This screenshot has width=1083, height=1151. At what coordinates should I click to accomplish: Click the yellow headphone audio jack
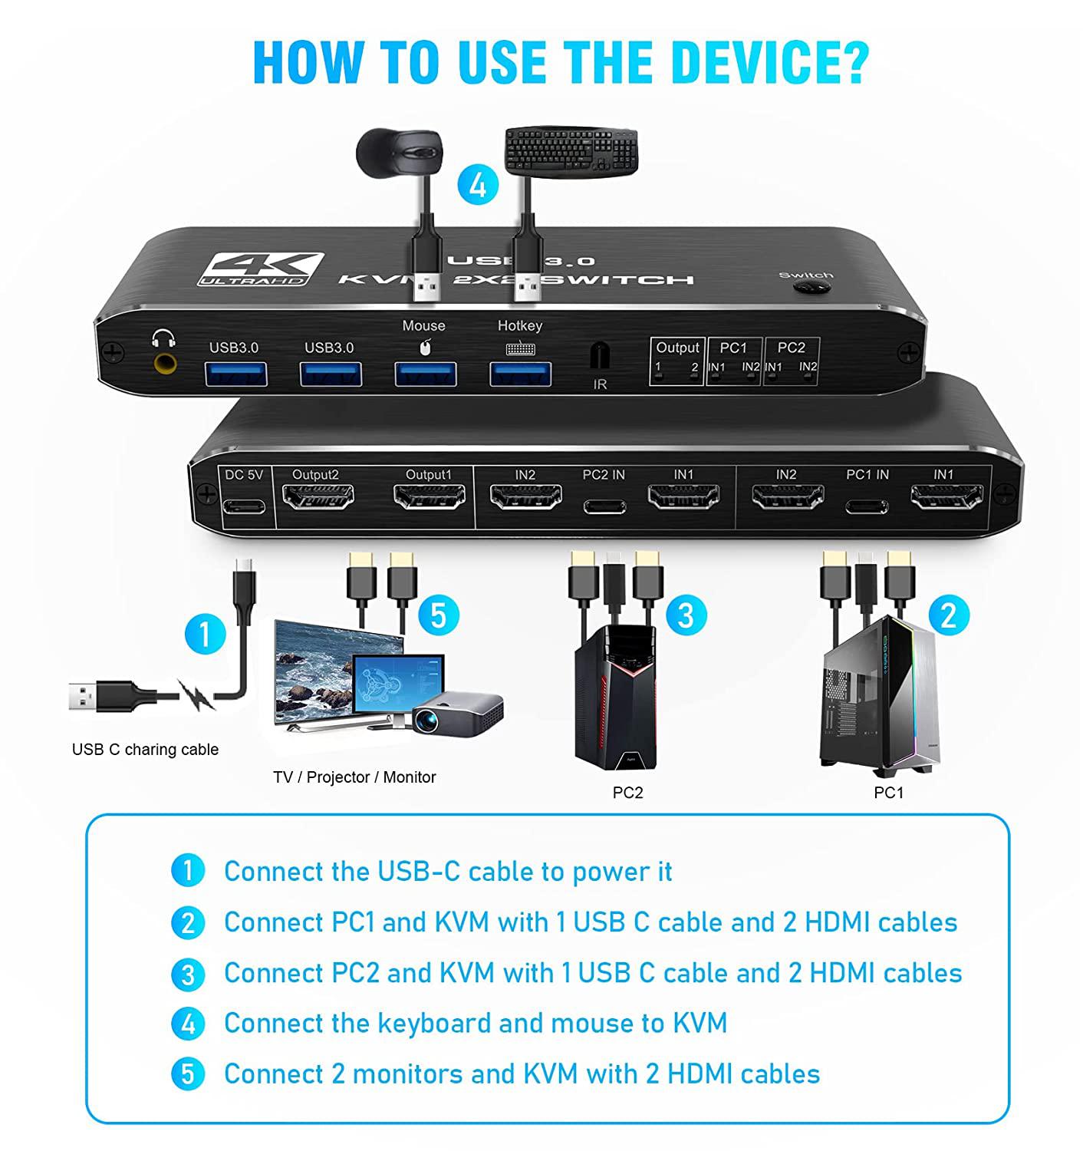165,364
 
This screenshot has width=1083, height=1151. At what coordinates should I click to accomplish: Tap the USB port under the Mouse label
426,374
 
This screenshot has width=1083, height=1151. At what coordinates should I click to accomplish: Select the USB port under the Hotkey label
520,374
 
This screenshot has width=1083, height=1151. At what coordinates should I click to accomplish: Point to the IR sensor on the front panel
600,356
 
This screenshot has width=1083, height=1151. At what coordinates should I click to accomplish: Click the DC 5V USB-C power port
244,506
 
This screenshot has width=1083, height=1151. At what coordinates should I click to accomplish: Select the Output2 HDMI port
318,496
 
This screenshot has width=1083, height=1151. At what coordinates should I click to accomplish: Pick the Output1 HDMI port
430,496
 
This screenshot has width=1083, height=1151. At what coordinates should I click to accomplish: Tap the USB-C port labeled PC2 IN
604,507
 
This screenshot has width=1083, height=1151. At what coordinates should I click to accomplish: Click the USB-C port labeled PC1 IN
866,507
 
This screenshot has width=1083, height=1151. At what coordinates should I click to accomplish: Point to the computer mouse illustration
400,151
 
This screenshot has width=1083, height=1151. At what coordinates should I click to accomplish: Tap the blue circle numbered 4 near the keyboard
478,185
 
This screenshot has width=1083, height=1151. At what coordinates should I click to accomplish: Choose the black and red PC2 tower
615,698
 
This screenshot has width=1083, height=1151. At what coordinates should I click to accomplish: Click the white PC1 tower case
881,696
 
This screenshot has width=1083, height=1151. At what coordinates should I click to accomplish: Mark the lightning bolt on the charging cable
196,694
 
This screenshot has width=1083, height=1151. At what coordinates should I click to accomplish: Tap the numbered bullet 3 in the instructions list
188,975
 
